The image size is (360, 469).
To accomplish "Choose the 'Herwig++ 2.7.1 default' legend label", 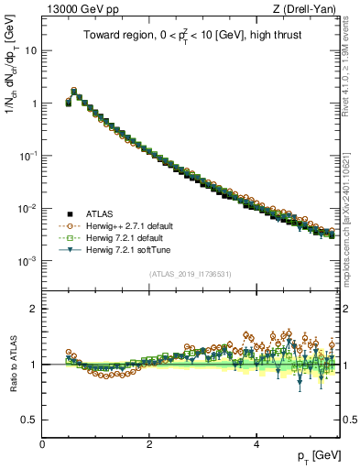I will click(128, 224).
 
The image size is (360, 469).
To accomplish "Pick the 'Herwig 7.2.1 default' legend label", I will click(125, 236).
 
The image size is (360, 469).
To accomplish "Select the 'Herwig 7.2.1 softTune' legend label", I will click(126, 248).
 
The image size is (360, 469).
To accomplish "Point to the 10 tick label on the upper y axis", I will click(31, 50).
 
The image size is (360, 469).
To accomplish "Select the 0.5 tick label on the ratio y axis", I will click(30, 420).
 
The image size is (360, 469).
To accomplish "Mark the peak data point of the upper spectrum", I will click(74, 92).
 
